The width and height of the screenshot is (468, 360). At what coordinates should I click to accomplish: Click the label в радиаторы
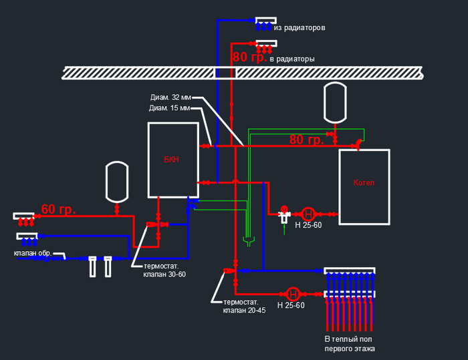pyautogui.click(x=292, y=59)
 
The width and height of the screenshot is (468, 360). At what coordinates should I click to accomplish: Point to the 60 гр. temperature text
pyautogui.click(x=58, y=209)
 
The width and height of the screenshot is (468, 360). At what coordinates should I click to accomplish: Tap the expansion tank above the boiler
pyautogui.click(x=334, y=103)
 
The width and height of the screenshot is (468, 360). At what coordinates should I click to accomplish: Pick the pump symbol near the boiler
pyautogui.click(x=308, y=214)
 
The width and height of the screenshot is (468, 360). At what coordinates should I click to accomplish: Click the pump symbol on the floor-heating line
pyautogui.click(x=293, y=294)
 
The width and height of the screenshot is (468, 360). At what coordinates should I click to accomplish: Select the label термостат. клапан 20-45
pyautogui.click(x=245, y=306)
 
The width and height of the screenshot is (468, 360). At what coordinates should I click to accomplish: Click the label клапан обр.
pyautogui.click(x=33, y=253)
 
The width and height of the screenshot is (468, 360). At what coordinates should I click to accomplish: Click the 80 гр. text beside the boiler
pyautogui.click(x=306, y=140)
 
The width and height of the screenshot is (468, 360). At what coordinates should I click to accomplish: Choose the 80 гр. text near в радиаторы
pyautogui.click(x=249, y=57)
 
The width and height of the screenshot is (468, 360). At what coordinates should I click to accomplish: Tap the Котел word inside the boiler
pyautogui.click(x=364, y=183)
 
